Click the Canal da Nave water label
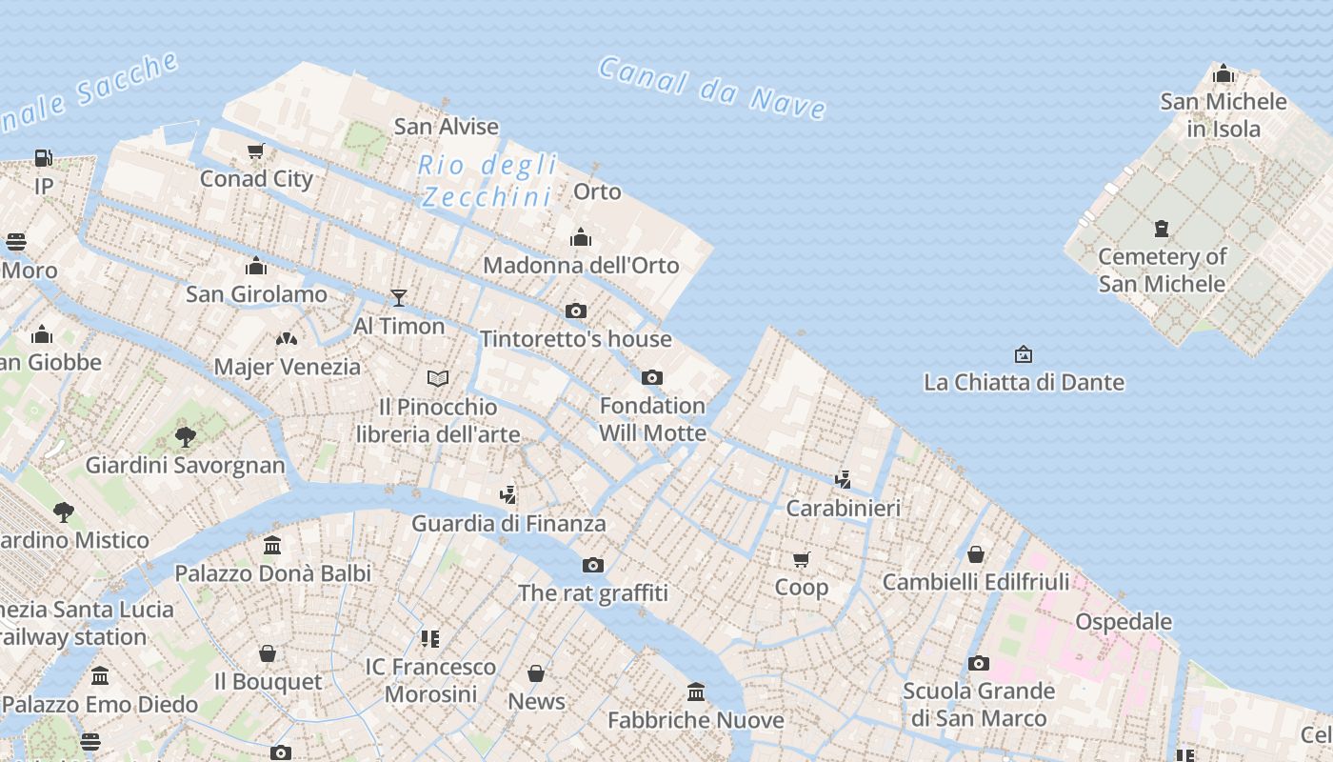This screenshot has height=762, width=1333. (x=712, y=88)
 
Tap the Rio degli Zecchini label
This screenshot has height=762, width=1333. (x=487, y=180)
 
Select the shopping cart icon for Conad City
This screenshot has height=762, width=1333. (x=255, y=151)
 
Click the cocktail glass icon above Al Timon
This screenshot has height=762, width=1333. (x=399, y=298)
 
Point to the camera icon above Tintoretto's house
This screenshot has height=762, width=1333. (x=575, y=311)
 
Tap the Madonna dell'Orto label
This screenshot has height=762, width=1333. (x=581, y=265)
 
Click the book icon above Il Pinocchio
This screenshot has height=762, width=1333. (x=438, y=379)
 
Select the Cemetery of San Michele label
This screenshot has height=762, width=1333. (x=1162, y=270)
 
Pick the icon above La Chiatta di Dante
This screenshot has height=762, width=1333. (x=1024, y=354)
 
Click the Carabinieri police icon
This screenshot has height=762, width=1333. (x=843, y=479)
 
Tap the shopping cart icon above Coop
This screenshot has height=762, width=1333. (x=801, y=559)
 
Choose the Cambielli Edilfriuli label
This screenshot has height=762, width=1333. (x=976, y=581)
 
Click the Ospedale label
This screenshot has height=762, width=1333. (x=1124, y=621)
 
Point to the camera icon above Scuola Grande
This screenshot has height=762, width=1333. (x=978, y=663)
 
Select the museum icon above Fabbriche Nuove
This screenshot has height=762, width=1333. (x=696, y=692)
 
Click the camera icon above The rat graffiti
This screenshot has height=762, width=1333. (x=593, y=565)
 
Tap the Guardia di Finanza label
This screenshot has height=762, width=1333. (x=508, y=523)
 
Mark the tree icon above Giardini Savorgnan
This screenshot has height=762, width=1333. (x=186, y=437)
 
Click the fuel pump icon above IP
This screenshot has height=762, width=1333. (x=44, y=158)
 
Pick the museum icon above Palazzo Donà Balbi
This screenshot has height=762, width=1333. (x=272, y=546)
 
